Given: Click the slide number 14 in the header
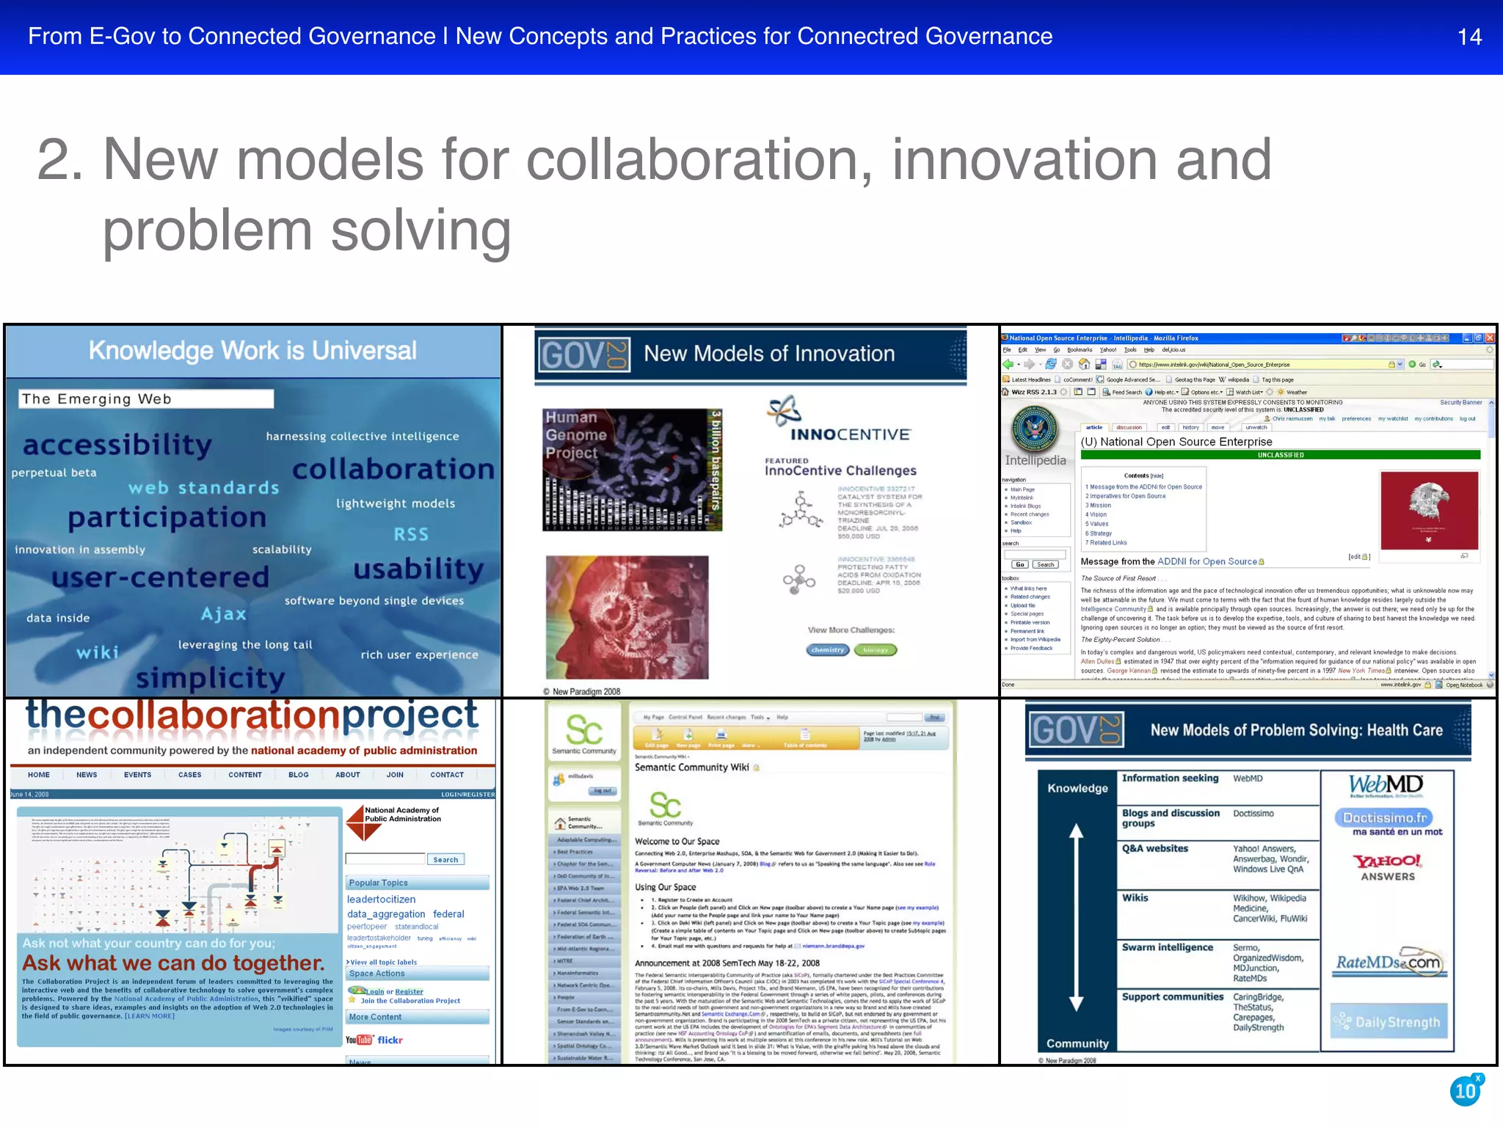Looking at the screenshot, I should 1469,37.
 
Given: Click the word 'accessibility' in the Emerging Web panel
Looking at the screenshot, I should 117,445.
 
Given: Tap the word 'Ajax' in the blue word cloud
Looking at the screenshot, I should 224,613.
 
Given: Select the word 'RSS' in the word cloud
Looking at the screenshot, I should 411,534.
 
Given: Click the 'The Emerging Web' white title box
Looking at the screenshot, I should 146,398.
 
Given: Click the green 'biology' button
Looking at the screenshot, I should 876,649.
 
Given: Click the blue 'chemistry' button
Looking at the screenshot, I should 828,649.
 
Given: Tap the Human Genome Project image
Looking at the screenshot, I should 632,470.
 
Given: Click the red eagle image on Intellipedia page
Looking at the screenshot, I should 1429,510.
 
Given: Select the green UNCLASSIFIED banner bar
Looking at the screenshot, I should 1280,455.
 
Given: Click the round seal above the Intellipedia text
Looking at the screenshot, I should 1035,428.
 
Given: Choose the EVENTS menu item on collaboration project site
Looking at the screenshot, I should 137,775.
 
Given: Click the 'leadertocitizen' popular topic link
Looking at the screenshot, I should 381,899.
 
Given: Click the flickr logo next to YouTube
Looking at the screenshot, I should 390,1040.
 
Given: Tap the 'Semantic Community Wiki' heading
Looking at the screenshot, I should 691,767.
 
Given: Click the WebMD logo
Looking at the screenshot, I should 1386,785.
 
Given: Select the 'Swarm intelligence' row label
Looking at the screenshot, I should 1167,947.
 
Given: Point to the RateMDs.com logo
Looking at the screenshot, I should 1388,963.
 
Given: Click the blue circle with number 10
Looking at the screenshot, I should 1466,1091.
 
